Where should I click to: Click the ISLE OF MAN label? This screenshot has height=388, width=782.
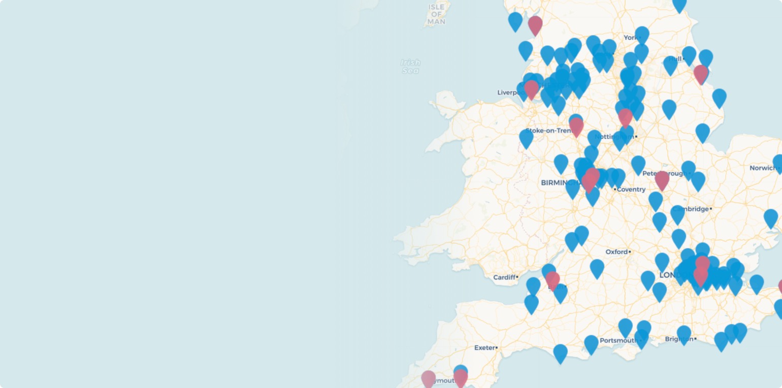click(x=436, y=14)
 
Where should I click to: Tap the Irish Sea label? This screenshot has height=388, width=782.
click(x=410, y=67)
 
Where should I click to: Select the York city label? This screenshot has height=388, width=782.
click(x=630, y=38)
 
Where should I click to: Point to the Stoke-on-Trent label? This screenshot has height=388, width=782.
click(x=548, y=131)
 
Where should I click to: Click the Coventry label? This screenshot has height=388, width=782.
click(x=632, y=189)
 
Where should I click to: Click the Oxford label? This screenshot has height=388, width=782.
click(x=617, y=252)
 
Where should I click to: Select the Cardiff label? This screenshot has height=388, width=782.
click(x=505, y=277)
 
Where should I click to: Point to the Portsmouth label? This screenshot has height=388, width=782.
click(x=618, y=340)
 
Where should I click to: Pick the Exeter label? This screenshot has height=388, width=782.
click(x=484, y=348)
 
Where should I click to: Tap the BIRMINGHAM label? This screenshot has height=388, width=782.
click(x=559, y=183)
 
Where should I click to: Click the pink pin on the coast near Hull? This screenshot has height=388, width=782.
click(x=701, y=74)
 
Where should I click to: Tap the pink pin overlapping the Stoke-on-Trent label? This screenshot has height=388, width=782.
click(x=576, y=126)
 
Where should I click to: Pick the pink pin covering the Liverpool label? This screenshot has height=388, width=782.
click(x=531, y=89)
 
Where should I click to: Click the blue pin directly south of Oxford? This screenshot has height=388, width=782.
click(x=597, y=268)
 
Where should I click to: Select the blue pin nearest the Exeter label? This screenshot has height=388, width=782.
click(x=560, y=353)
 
